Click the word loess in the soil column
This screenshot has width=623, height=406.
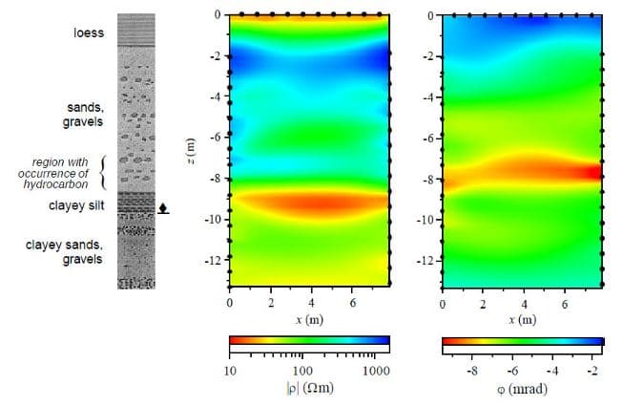pos(88,33)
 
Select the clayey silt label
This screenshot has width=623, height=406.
pos(77,204)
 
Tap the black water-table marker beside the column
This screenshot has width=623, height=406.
pos(163,206)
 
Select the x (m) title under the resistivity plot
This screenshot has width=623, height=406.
pos(309,319)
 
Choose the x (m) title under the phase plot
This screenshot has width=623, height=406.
pos(522,319)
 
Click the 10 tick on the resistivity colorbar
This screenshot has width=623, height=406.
pos(230,369)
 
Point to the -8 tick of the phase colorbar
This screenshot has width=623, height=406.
pos(470,369)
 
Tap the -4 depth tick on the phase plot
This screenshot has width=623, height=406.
pos(429,96)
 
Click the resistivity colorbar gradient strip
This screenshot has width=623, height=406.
pos(310,340)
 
